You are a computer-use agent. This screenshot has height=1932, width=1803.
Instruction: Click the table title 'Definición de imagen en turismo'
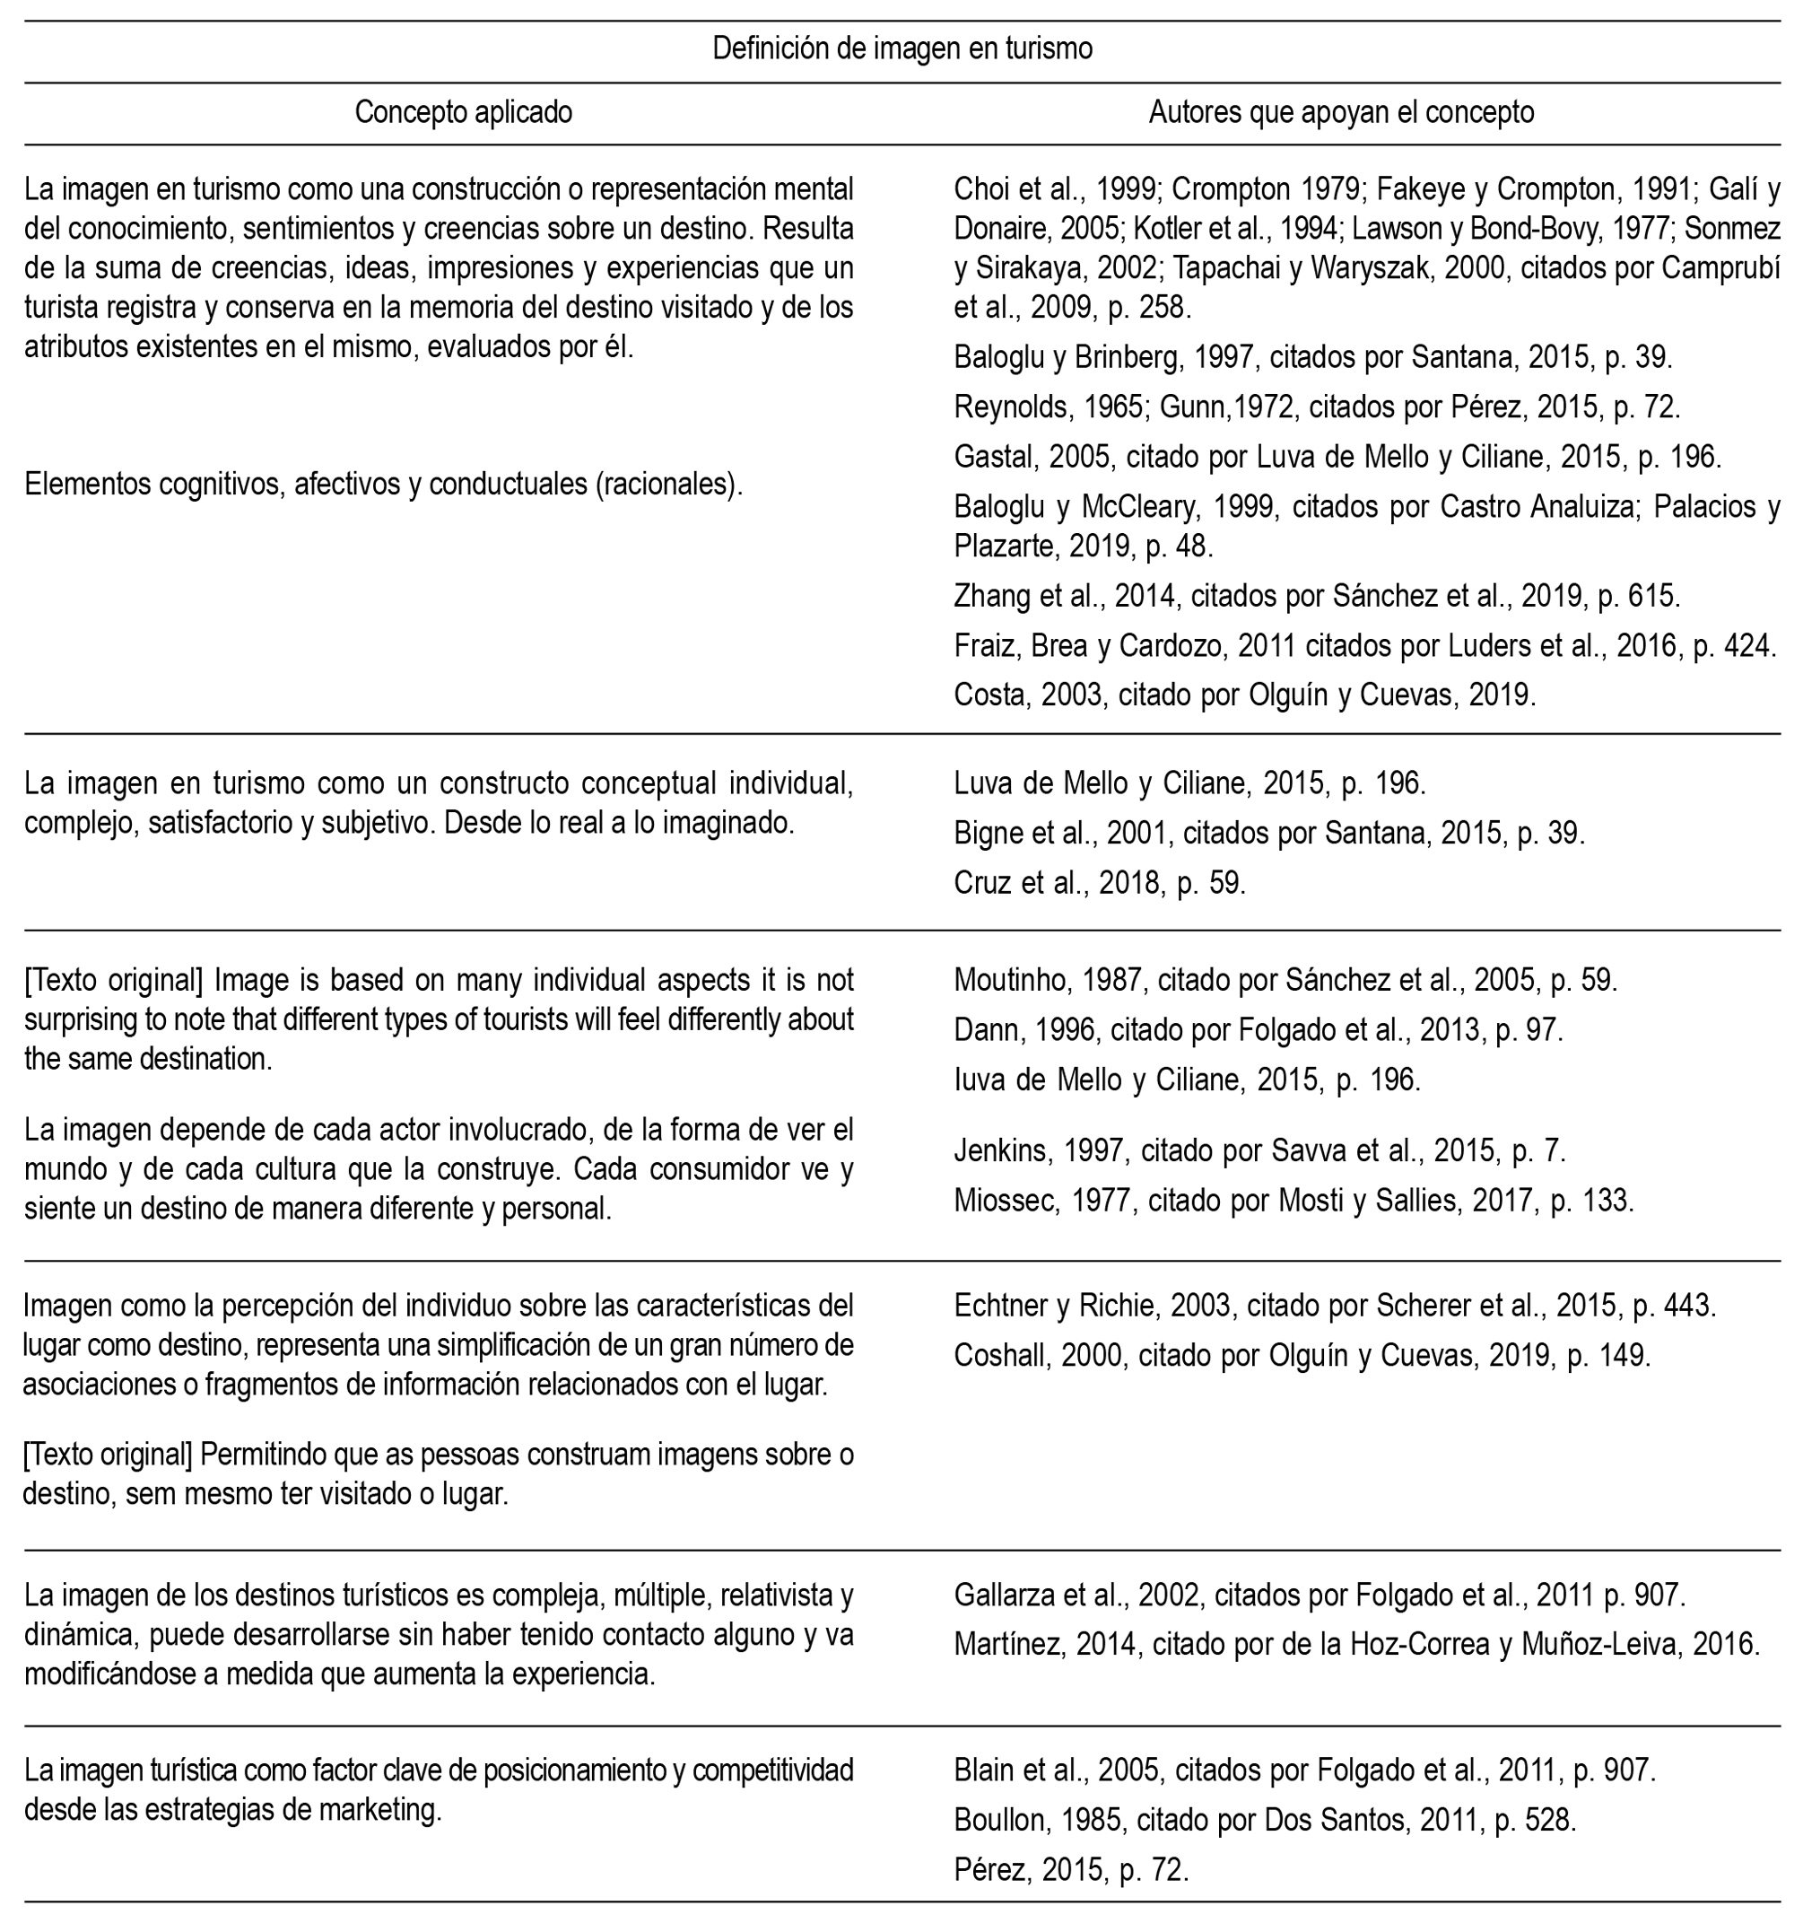(x=901, y=48)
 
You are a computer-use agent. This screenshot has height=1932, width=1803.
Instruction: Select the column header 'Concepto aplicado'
(x=464, y=113)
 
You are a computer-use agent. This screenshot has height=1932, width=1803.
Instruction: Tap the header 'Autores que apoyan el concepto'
(x=1341, y=113)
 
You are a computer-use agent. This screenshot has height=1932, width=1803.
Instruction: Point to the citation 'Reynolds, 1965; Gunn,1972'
(x=1316, y=407)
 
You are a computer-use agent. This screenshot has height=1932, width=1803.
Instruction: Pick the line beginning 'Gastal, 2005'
(x=1337, y=457)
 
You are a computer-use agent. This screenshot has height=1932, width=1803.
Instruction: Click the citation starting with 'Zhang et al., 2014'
(x=1316, y=596)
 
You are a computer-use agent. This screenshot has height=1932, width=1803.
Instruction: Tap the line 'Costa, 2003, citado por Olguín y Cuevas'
(x=1244, y=695)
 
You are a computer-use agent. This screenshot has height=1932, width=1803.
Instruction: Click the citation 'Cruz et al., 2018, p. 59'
(x=1100, y=883)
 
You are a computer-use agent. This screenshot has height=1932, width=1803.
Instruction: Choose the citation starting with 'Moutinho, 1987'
(x=1285, y=981)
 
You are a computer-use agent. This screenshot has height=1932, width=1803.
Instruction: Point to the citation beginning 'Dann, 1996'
(x=1258, y=1030)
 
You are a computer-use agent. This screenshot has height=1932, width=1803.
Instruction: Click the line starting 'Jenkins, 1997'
(x=1260, y=1151)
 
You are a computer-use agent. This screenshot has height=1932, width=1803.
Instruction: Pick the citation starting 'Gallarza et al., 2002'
(x=1320, y=1595)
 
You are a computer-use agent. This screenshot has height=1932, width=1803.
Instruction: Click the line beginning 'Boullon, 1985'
(x=1265, y=1819)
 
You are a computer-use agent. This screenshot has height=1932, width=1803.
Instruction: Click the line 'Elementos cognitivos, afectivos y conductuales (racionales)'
(x=384, y=484)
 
